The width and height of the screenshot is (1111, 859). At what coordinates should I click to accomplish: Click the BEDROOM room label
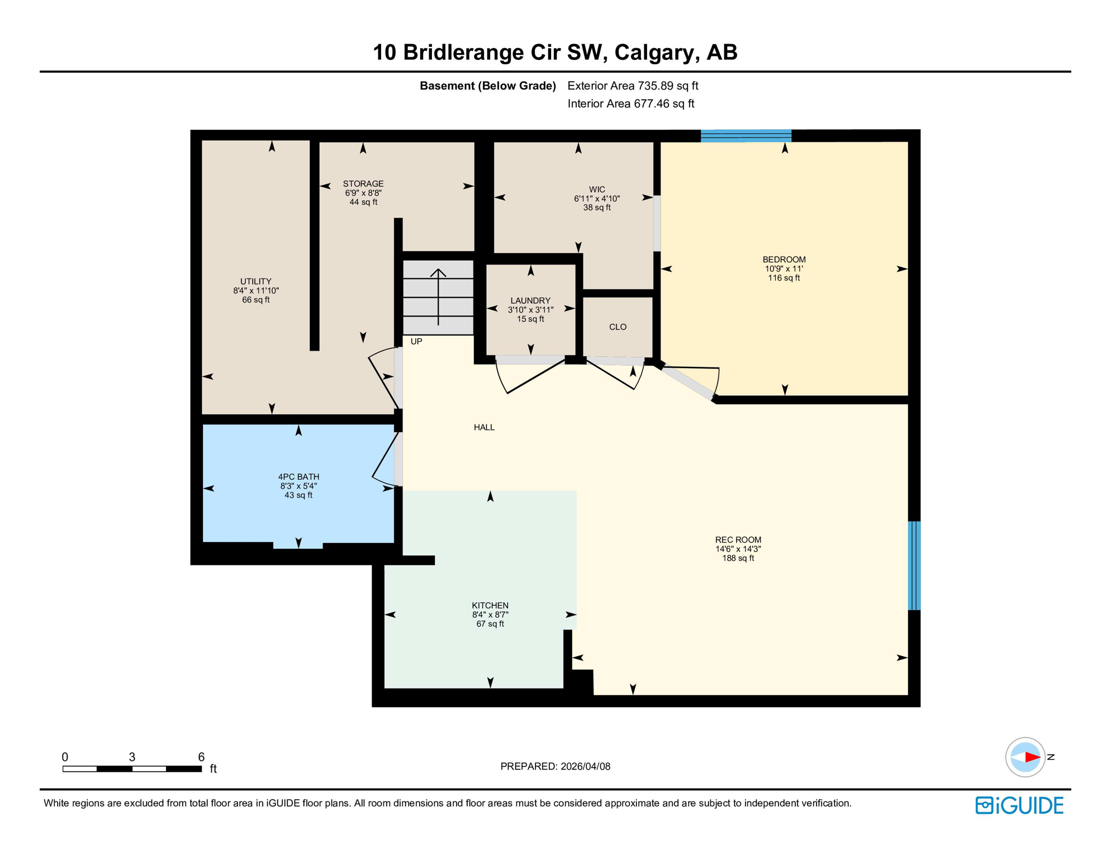[784, 259]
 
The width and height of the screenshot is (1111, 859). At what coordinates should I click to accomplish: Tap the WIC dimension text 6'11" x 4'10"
[596, 199]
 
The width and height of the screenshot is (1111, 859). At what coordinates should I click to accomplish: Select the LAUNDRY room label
[530, 301]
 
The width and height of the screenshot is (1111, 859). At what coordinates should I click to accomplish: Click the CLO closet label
[618, 327]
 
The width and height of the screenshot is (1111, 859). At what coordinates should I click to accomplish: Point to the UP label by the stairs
[416, 342]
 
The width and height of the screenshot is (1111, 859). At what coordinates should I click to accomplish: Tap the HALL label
[484, 427]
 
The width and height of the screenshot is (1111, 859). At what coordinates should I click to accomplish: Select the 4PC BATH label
[298, 477]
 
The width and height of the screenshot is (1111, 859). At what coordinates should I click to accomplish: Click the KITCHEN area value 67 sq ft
[490, 624]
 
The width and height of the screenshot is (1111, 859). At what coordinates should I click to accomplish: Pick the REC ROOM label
[738, 540]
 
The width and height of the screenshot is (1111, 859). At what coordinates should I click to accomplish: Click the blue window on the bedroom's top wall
[746, 136]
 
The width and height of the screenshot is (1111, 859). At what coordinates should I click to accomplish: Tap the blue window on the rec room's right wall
[914, 565]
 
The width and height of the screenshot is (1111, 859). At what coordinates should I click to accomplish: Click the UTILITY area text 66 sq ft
[255, 300]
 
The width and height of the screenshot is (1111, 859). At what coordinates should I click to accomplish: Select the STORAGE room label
[363, 184]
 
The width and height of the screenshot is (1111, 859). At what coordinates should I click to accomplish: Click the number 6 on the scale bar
[201, 757]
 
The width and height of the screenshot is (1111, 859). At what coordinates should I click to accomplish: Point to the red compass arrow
[1032, 757]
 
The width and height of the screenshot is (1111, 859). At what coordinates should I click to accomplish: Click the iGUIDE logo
[1019, 805]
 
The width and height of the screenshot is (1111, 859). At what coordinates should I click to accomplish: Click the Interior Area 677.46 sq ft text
[630, 103]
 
